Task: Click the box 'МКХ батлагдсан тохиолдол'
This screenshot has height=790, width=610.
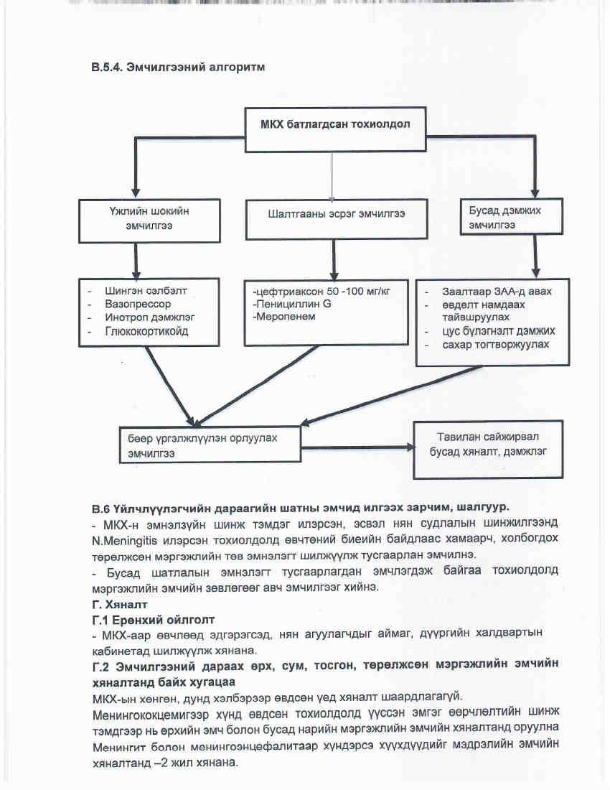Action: point(334,129)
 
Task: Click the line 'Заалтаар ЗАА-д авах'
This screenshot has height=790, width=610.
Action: point(487,292)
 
